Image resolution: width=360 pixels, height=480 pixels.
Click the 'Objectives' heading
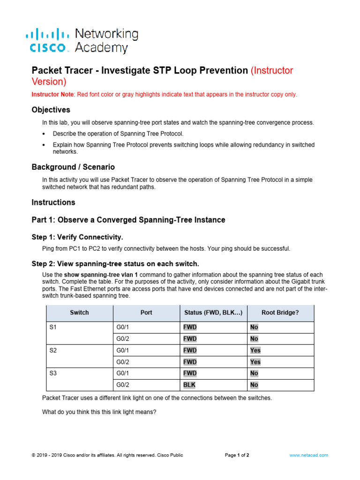51,110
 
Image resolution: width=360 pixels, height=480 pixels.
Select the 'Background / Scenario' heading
73,167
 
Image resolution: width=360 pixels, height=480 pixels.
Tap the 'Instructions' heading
53,202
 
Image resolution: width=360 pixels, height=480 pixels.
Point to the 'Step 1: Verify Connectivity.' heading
77,237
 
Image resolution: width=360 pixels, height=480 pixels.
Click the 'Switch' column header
79,313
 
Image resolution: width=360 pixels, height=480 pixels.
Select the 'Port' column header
146,313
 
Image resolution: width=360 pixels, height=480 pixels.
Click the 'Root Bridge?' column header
280,313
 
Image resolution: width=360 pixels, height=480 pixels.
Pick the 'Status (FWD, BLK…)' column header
213,313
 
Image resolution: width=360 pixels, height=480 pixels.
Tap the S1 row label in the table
53,327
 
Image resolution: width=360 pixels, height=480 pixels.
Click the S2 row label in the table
53,350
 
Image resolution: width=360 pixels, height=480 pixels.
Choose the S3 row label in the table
53,373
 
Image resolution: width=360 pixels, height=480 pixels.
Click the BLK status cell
189,385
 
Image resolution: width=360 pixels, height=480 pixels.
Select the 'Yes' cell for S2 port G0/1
255,350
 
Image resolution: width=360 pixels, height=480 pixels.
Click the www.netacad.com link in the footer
308,455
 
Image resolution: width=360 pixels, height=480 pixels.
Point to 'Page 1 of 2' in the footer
237,455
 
